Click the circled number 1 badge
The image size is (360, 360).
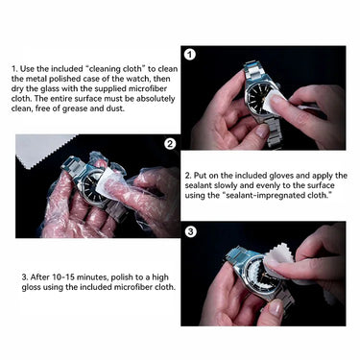190,55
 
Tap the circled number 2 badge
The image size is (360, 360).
170,144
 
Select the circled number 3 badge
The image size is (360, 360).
191,231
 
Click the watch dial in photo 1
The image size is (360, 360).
258,97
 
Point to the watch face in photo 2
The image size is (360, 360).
92,188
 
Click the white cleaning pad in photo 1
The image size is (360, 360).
272,101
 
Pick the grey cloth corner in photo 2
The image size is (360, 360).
42,150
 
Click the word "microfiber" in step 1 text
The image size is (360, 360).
148,88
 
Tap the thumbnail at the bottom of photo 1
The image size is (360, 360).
263,131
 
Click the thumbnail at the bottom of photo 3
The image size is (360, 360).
276,307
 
